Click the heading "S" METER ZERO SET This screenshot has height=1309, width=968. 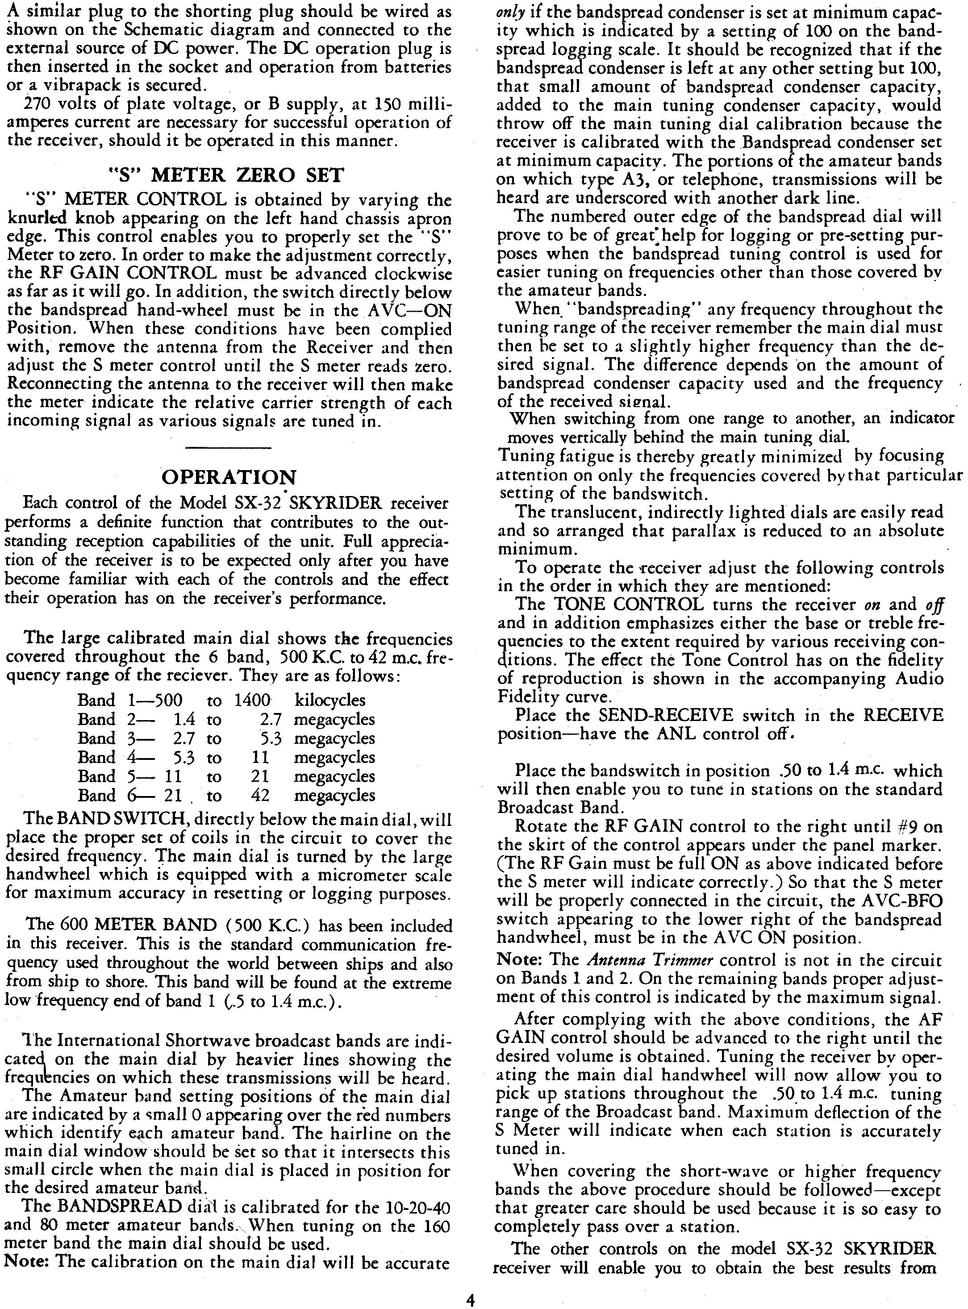click(227, 175)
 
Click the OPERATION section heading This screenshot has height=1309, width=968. click(229, 477)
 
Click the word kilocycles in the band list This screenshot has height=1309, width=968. click(330, 700)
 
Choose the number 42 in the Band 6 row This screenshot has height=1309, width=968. click(259, 795)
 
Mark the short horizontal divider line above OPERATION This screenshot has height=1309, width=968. click(228, 448)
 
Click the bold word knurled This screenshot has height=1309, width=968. click(37, 219)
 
